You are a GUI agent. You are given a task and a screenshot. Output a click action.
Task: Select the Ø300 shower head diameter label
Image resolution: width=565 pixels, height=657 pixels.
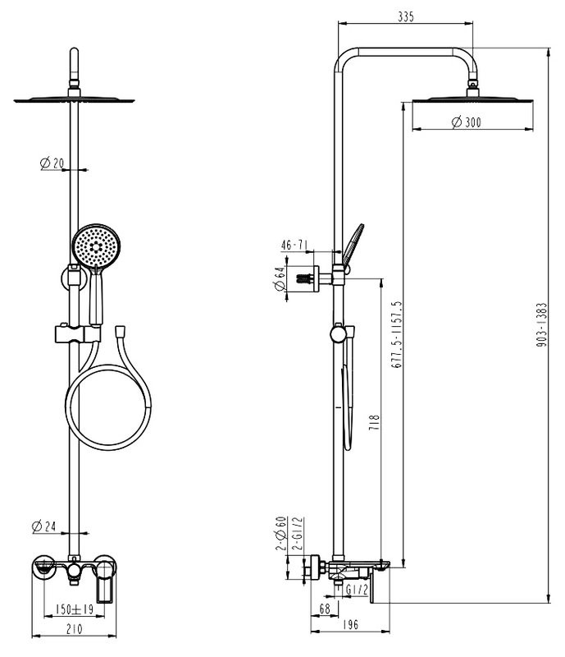466,122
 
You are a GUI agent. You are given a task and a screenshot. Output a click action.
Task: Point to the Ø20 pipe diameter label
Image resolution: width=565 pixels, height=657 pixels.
52,163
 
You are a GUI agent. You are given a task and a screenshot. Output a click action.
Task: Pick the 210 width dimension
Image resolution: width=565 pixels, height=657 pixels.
74,630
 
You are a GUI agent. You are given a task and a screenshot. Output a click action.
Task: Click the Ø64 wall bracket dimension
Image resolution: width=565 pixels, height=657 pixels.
279,279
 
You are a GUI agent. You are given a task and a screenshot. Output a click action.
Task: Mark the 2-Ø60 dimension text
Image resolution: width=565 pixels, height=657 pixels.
279,535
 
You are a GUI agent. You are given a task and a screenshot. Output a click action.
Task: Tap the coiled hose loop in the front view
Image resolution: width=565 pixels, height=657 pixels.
107,407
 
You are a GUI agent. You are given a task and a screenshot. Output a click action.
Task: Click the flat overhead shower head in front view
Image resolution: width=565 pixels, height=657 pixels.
74,99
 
